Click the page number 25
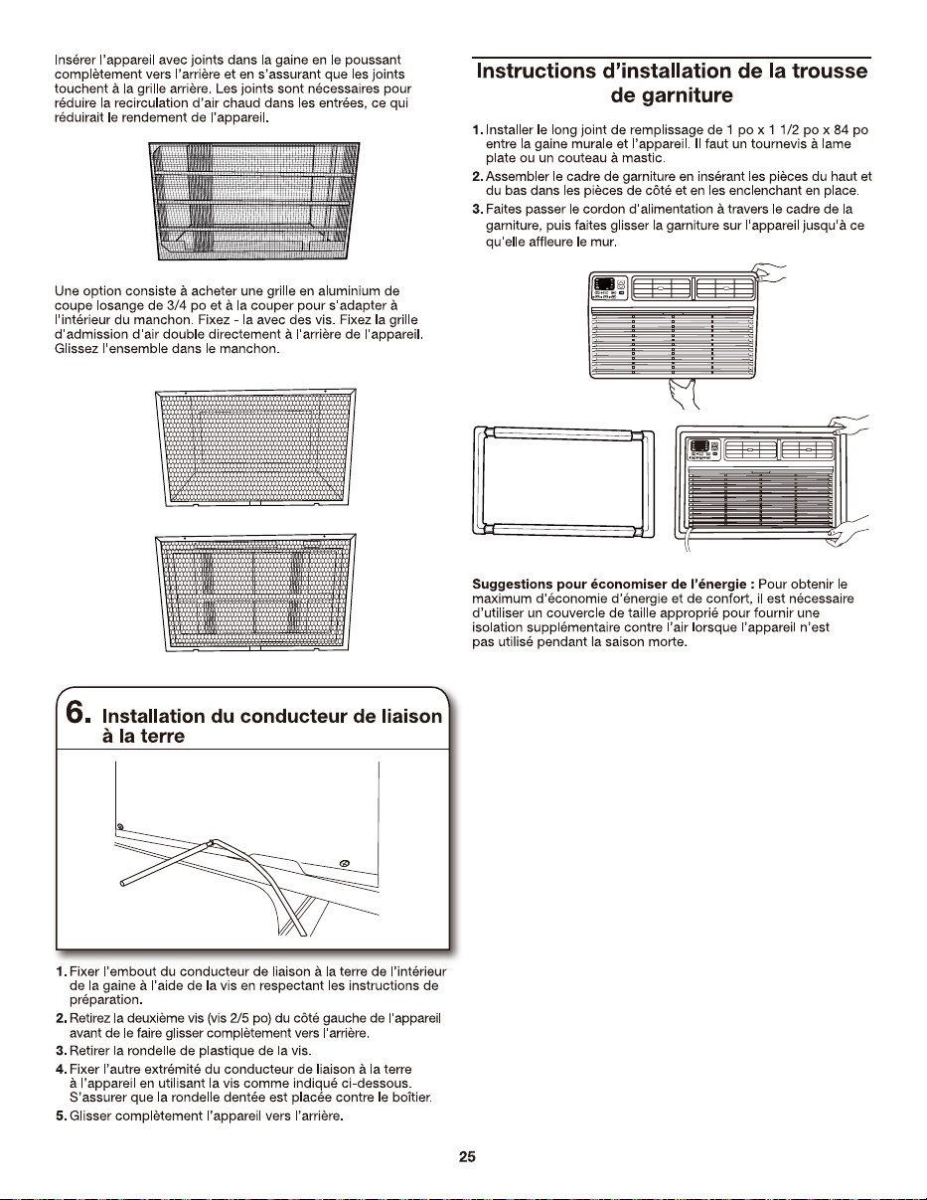[x=467, y=1157]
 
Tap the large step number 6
[x=77, y=713]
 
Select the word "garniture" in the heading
[x=672, y=95]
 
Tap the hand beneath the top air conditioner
[x=684, y=393]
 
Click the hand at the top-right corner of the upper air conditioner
[x=770, y=272]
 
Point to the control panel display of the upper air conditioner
[x=604, y=284]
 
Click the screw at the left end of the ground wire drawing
[x=120, y=827]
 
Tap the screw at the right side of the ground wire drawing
[x=345, y=864]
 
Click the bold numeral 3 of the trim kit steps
[x=477, y=210]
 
